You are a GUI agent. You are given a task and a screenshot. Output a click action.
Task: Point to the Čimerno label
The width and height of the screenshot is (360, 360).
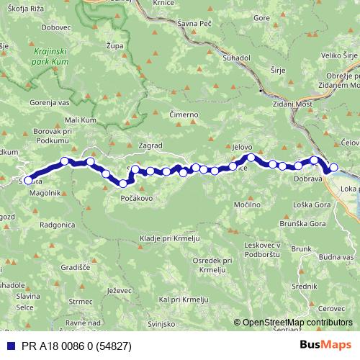point(183,114)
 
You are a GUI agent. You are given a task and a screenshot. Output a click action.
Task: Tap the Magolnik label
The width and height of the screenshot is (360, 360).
point(45,194)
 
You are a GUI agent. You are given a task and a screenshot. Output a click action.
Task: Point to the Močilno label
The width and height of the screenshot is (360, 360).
point(247,205)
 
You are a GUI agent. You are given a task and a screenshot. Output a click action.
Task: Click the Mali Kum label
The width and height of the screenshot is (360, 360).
point(81,120)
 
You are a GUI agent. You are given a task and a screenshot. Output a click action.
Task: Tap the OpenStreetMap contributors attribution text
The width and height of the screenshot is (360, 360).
point(297,323)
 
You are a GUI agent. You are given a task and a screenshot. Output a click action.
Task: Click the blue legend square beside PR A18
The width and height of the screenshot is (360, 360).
point(7,346)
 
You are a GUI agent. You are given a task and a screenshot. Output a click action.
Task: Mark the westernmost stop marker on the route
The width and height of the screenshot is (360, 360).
point(29,181)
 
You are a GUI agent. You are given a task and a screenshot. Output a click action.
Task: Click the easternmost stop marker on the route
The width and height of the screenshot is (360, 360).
point(333,168)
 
